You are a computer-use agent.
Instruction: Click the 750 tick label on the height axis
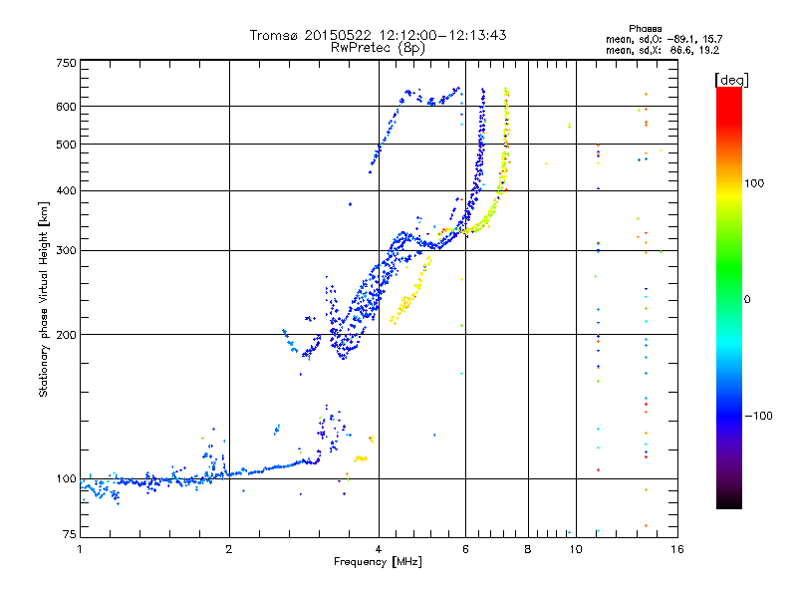66,63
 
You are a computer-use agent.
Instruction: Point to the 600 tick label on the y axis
66,107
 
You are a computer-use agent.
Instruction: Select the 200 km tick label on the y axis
66,335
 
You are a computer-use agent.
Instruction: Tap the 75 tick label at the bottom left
70,534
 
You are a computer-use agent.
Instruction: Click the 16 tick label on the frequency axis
677,549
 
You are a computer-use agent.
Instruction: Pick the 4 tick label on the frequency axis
379,549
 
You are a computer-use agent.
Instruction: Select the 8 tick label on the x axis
528,549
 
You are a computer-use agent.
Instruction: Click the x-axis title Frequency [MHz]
378,562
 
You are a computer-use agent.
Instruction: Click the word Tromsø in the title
273,35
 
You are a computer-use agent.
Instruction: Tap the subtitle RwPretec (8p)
378,48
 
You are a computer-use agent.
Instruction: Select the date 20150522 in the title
338,35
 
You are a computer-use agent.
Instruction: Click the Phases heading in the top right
645,29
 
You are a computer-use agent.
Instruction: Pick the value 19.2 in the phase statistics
709,51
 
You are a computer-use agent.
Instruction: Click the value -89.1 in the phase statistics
681,39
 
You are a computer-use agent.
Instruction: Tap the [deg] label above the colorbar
731,80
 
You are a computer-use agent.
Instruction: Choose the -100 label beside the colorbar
758,416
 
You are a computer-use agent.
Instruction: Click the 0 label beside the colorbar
747,300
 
